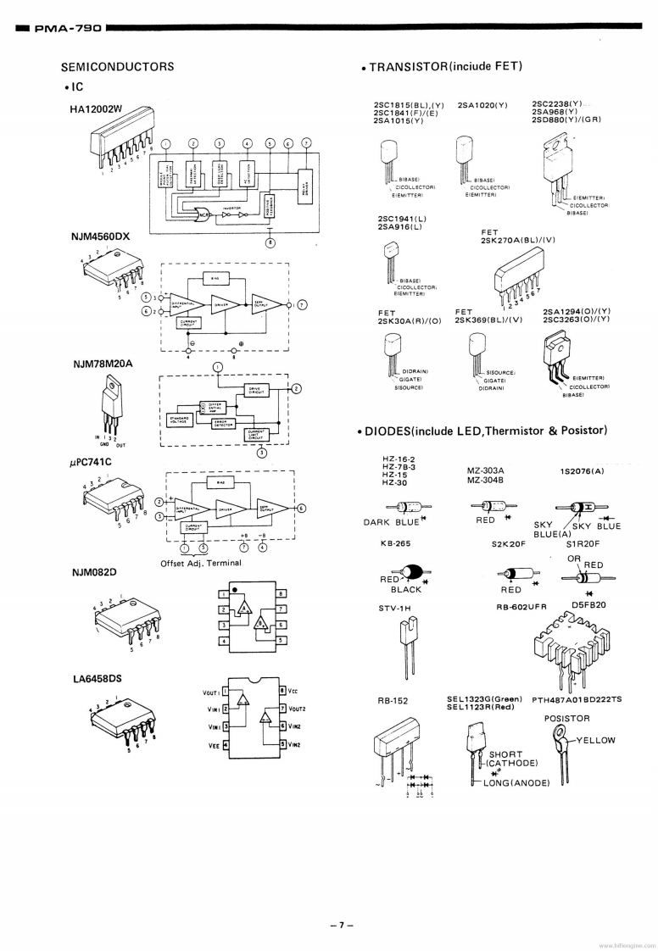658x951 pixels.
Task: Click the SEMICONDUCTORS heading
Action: point(117,67)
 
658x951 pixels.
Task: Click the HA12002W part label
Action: point(97,108)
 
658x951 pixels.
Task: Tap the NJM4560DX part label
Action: point(100,236)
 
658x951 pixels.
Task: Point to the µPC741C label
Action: point(92,462)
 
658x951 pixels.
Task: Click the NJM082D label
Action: point(94,572)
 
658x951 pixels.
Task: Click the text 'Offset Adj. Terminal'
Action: point(200,563)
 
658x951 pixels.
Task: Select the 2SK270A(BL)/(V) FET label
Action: point(517,240)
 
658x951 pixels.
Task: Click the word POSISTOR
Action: point(567,719)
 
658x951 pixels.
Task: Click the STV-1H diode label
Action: point(394,608)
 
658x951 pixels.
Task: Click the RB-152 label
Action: point(393,701)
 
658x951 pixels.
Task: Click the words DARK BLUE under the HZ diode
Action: point(391,522)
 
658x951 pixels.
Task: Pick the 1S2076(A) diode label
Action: point(582,470)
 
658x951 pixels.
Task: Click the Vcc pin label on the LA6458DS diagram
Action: point(292,692)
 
